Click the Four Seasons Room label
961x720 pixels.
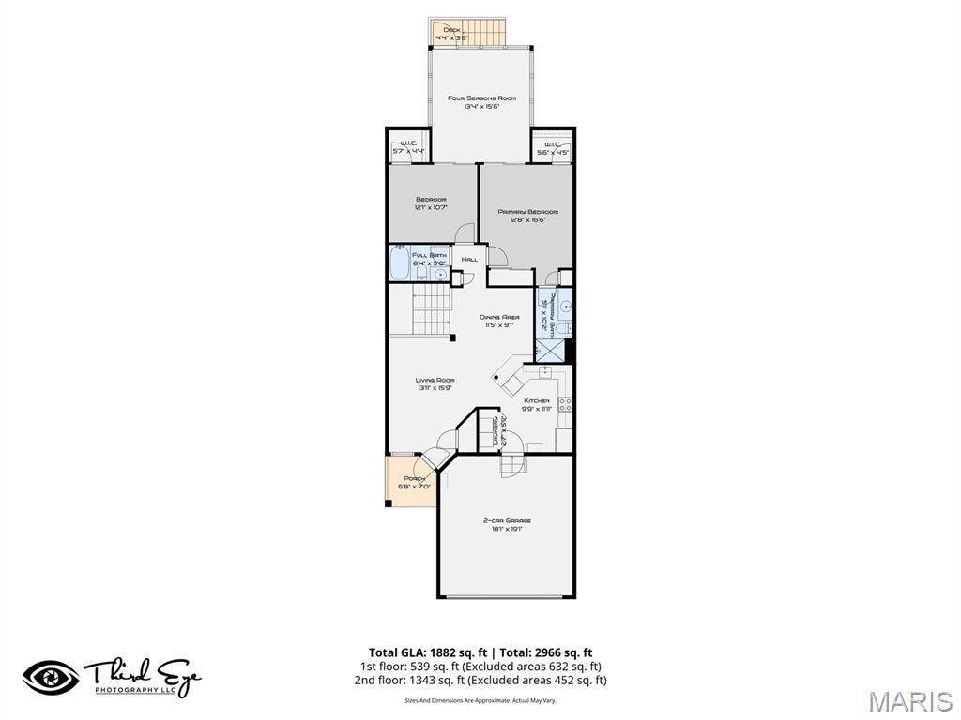(480, 98)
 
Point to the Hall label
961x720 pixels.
(469, 259)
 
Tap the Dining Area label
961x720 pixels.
(499, 318)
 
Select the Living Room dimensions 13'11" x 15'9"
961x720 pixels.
(435, 387)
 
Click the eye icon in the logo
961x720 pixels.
(51, 677)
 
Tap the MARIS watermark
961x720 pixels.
(909, 701)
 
